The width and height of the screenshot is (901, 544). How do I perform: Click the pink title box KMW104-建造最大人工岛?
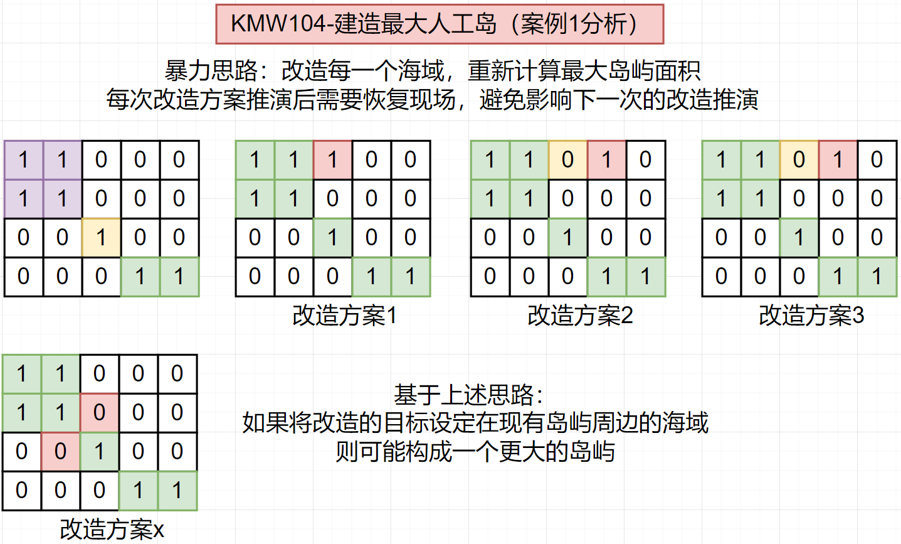tap(440, 24)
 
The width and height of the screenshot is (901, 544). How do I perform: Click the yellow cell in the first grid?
tap(101, 238)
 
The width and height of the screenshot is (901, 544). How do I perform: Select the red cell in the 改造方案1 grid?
tap(332, 160)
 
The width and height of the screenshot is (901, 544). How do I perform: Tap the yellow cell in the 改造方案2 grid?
tap(567, 160)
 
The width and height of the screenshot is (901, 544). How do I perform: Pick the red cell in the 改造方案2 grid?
tap(606, 160)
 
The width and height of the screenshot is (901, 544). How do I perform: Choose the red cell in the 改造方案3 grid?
tap(838, 160)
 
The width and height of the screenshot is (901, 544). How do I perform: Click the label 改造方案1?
tap(344, 315)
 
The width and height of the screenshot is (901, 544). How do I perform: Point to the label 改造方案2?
tap(580, 315)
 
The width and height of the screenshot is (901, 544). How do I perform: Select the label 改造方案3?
tap(811, 315)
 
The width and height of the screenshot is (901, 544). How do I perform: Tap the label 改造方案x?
tap(112, 529)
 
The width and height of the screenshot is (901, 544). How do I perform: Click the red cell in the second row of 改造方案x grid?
tap(99, 413)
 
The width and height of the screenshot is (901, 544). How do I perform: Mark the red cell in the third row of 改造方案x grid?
tap(60, 452)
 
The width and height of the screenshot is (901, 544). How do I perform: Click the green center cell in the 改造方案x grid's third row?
tap(99, 452)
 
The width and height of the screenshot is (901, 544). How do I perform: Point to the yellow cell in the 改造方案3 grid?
tap(799, 160)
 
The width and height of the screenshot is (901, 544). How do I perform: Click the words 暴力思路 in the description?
tap(211, 71)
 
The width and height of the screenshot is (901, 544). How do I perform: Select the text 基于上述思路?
tap(467, 395)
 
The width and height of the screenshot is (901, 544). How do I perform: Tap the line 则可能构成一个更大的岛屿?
tap(475, 451)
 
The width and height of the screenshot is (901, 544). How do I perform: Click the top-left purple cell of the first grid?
tap(24, 160)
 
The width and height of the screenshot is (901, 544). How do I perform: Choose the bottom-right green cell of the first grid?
tap(179, 277)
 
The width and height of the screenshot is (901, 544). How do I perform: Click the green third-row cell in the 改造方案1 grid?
tap(332, 238)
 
